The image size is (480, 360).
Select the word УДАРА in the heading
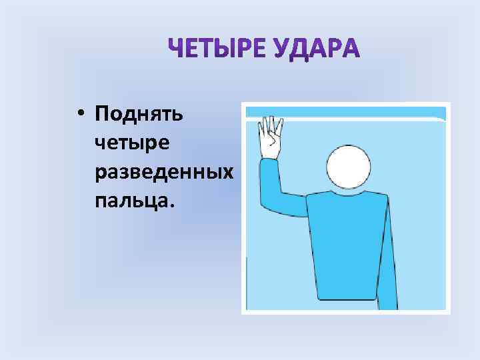(316, 49)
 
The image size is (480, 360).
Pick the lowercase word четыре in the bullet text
(133, 143)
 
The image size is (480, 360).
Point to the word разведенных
(164, 171)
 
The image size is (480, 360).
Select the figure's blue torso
(347, 247)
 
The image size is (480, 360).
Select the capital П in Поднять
(104, 114)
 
